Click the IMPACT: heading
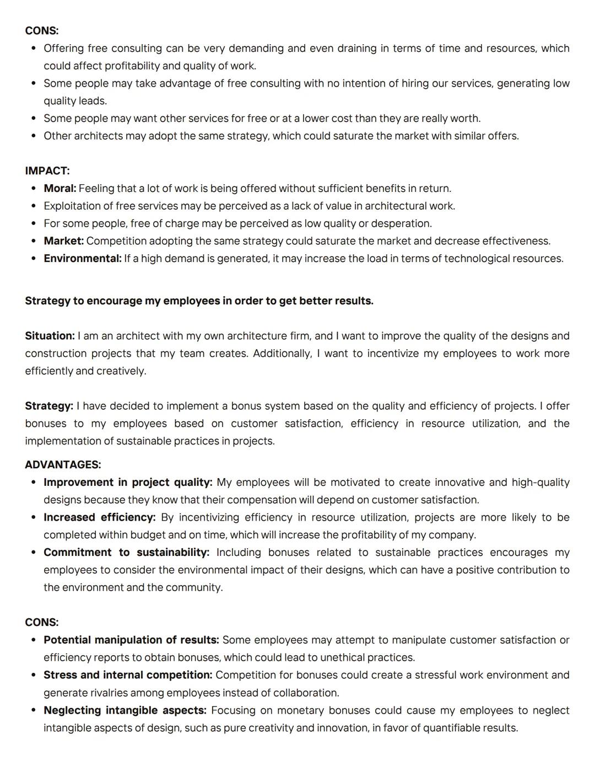(47, 171)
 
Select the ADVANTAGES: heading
(63, 465)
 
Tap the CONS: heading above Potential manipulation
(42, 623)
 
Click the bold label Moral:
(60, 189)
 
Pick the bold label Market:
(64, 241)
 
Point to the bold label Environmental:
(83, 259)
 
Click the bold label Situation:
(50, 336)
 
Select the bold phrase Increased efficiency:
(100, 517)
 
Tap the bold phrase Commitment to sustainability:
(127, 553)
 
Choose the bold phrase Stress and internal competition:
(128, 675)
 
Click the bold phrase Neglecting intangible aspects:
(125, 710)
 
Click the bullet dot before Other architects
(34, 136)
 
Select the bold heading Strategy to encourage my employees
(199, 301)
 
